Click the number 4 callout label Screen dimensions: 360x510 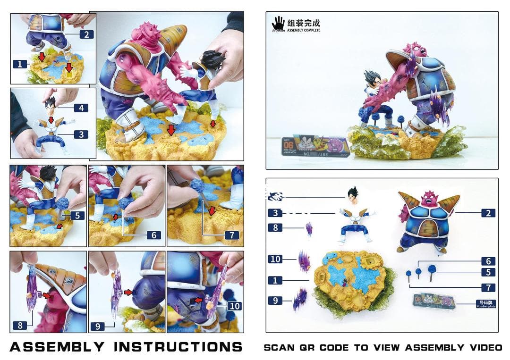(81, 108)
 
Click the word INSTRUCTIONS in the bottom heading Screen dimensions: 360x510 (178, 347)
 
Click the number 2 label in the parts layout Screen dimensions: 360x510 (488, 213)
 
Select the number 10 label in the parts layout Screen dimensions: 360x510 (275, 259)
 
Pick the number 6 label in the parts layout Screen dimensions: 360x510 (488, 261)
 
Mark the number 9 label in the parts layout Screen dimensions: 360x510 (275, 300)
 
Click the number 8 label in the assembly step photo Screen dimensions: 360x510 (20, 325)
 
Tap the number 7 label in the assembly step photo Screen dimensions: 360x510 (231, 235)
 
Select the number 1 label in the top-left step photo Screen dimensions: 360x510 (19, 64)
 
